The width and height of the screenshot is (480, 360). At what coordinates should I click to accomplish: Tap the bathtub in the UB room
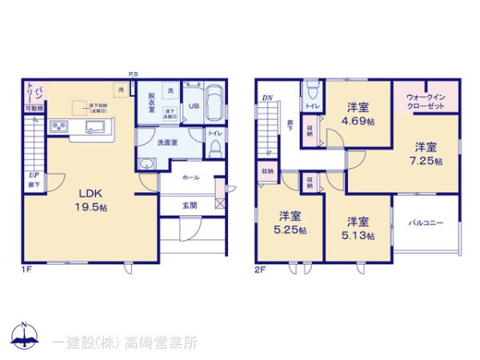pyautogui.click(x=213, y=104)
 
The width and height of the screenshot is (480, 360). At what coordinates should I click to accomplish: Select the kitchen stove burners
pyautogui.click(x=58, y=126)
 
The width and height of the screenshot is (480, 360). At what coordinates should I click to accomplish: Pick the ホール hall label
pyautogui.click(x=191, y=178)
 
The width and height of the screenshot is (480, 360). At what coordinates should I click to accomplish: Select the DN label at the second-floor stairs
pyautogui.click(x=266, y=99)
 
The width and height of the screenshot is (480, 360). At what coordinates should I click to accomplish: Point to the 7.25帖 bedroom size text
pyautogui.click(x=426, y=160)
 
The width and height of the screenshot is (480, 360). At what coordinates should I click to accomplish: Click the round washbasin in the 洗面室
pyautogui.click(x=146, y=165)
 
